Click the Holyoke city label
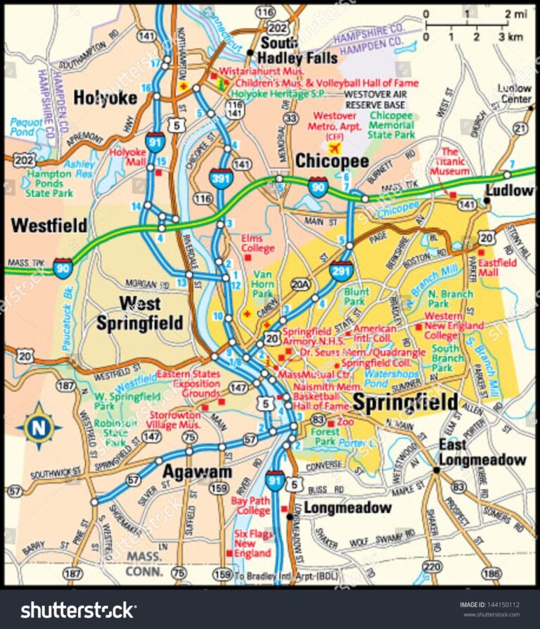coord(105,98)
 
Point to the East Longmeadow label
coord(482,452)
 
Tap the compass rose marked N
coord(39,426)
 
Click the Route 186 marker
coord(493,573)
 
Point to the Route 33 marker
coord(288,119)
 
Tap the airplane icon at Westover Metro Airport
coord(333,148)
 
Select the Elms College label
coord(252,243)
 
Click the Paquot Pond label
coord(27,127)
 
